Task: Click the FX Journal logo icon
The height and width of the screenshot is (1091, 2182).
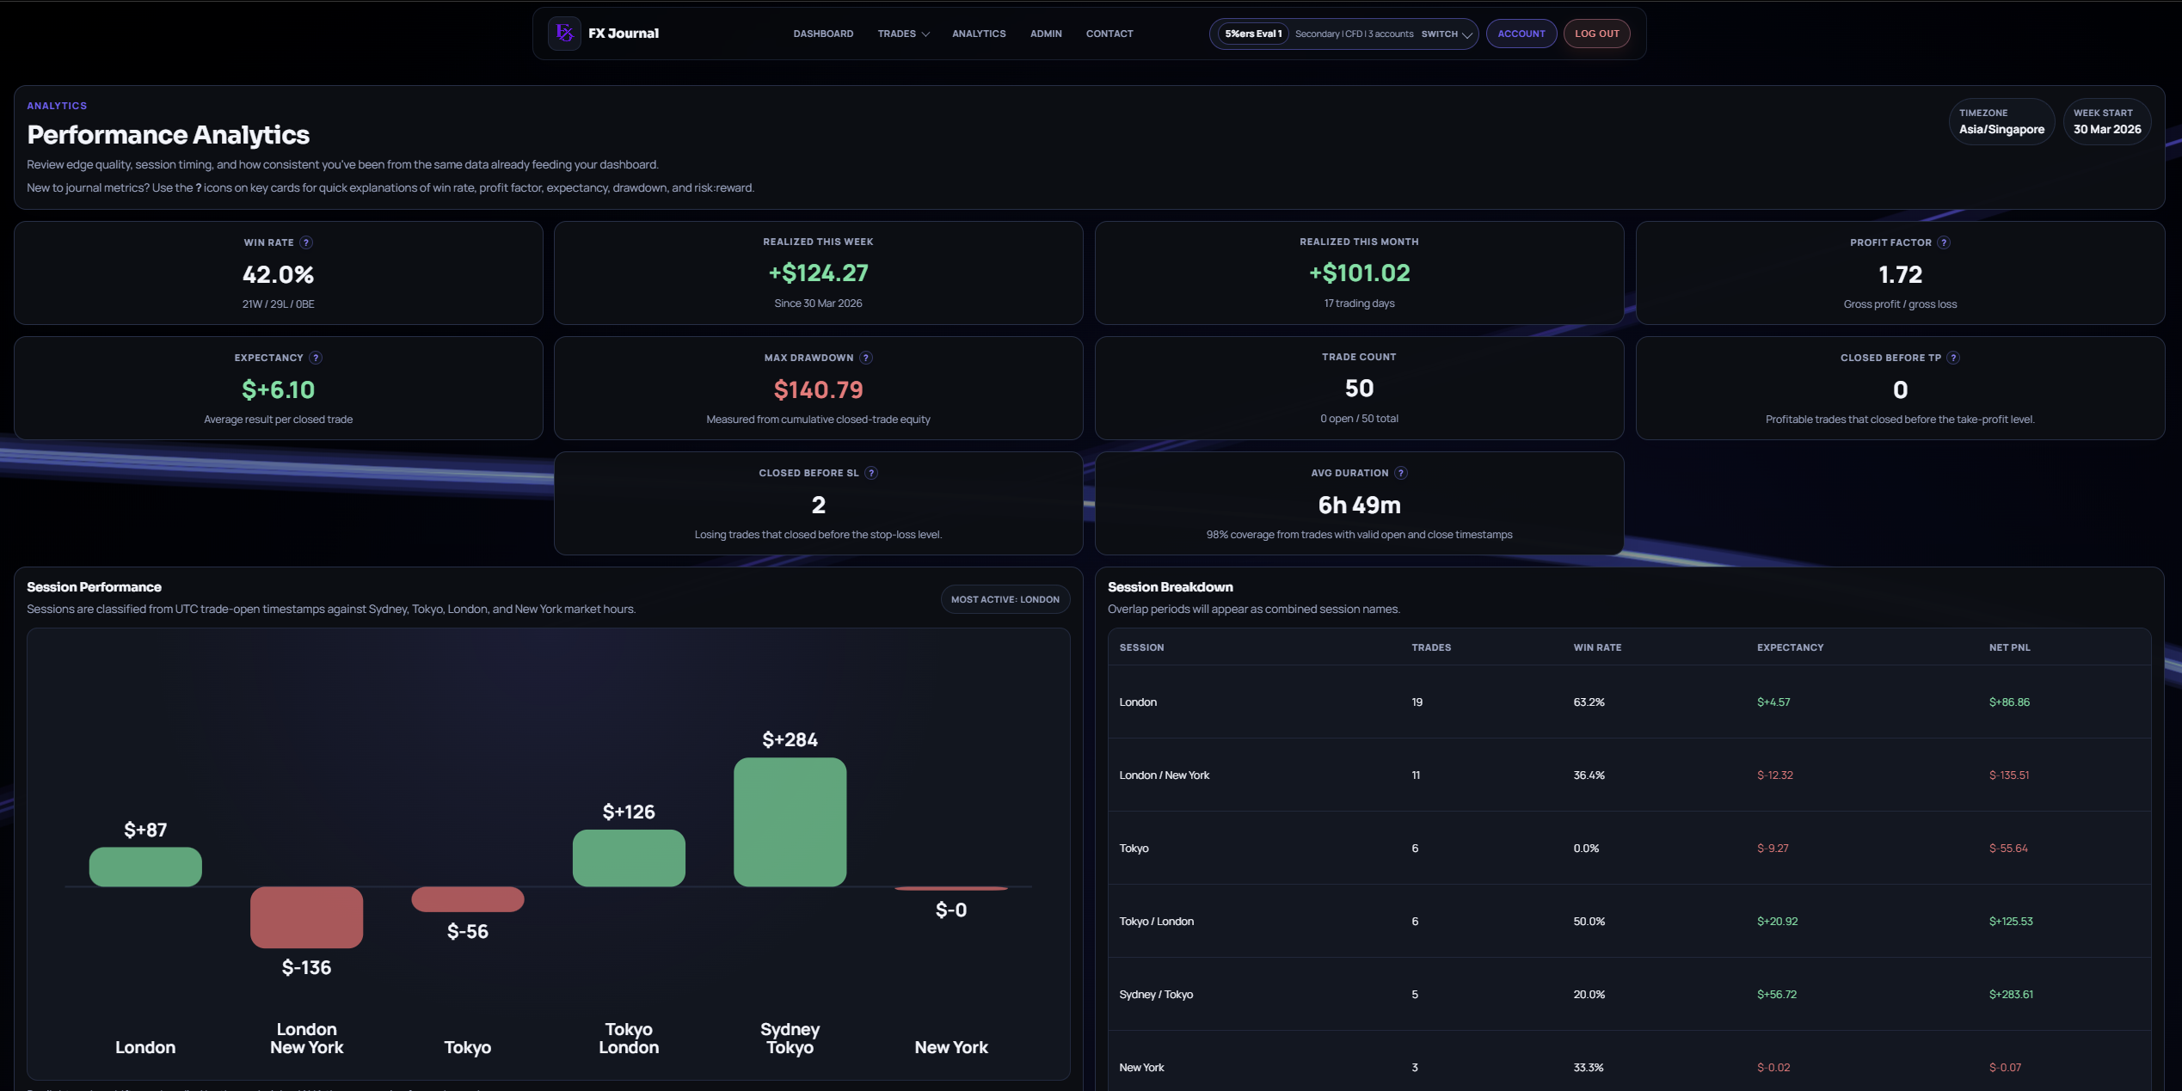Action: click(x=564, y=34)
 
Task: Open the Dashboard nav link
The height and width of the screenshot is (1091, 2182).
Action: click(x=823, y=34)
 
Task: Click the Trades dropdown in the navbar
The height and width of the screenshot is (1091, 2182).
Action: click(x=903, y=34)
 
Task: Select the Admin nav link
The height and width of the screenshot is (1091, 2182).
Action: click(x=1046, y=34)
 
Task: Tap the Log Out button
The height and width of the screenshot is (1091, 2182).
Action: click(x=1596, y=34)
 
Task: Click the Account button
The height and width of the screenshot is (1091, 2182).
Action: click(x=1521, y=34)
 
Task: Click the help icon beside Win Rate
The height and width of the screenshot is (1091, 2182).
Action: click(x=306, y=242)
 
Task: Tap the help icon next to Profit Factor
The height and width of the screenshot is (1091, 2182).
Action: click(x=1944, y=242)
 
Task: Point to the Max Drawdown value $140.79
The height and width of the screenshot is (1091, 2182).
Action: click(x=818, y=390)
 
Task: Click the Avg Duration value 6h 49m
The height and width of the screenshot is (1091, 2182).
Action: click(x=1359, y=506)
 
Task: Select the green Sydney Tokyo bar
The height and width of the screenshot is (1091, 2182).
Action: click(x=790, y=821)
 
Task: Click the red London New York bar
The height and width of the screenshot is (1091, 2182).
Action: click(x=306, y=916)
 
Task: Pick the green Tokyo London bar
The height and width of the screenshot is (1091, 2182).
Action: click(x=629, y=857)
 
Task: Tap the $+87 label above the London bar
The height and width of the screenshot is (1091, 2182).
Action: click(x=145, y=830)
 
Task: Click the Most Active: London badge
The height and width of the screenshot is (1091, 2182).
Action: click(x=1005, y=599)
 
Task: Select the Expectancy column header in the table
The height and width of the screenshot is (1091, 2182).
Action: click(x=1790, y=647)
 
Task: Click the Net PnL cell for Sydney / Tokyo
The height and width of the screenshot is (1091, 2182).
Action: click(x=2011, y=995)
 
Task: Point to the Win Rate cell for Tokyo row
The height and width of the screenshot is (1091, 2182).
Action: click(x=1586, y=849)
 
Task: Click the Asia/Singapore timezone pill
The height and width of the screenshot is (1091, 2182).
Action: click(x=2001, y=121)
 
